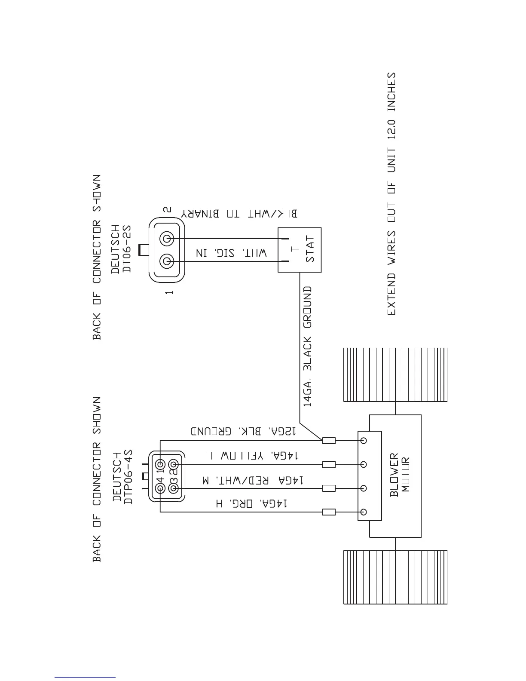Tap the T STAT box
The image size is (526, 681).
coord(299,250)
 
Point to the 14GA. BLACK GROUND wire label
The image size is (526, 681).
coord(308,347)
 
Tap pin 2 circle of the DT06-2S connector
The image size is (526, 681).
coord(167,239)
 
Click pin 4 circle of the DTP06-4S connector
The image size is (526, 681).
coord(161,488)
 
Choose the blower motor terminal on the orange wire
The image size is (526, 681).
coord(364,512)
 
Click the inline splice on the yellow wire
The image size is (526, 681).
coord(329,464)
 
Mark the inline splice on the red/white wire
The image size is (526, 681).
coord(329,488)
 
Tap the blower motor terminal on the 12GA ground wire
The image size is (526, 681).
coord(364,441)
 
